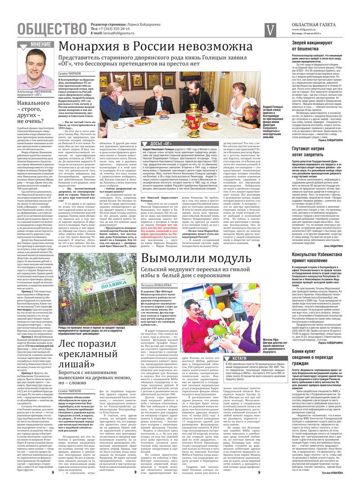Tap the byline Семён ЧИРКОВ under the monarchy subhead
coord(69,73)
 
